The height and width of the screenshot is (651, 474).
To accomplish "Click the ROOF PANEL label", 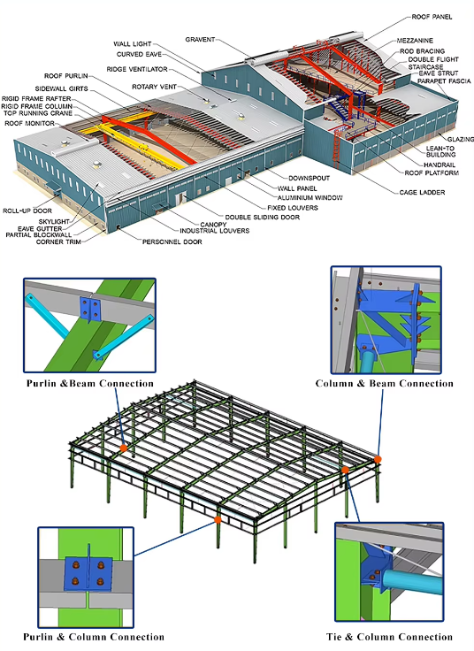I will [432, 17].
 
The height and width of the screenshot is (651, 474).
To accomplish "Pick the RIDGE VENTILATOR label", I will [138, 68].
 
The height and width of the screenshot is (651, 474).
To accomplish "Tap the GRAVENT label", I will [201, 40].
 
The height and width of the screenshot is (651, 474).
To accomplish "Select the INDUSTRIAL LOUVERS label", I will [215, 231].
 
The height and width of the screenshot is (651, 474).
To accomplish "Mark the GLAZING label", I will [461, 139].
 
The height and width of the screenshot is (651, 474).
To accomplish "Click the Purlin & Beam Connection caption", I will [89, 384].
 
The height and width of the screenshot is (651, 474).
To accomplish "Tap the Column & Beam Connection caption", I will [385, 384].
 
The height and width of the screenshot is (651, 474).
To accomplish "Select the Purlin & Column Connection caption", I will [95, 637].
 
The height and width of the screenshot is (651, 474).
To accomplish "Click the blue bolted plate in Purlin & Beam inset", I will [90, 310].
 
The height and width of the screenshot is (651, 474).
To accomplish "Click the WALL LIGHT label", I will [132, 43].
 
